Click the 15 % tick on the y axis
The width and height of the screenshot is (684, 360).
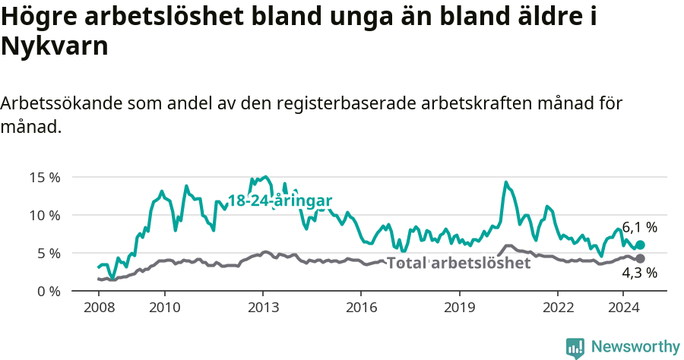pos(45,178)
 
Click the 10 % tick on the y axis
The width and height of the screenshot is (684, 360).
pos(45,216)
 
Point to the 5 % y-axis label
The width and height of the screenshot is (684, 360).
pos(48,253)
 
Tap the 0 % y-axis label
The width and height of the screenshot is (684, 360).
pos(48,291)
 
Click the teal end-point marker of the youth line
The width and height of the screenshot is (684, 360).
pos(640,245)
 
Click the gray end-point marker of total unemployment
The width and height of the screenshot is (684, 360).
pos(640,258)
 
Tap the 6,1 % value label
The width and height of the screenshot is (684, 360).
pos(639,227)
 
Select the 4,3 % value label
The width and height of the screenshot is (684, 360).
pos(639,273)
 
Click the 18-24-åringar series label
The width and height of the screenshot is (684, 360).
pos(280,201)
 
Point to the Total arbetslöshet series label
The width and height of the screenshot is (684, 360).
pos(458,264)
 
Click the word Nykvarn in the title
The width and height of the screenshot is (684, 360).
pos(55,47)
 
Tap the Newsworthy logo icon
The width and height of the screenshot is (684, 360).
pos(575,347)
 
